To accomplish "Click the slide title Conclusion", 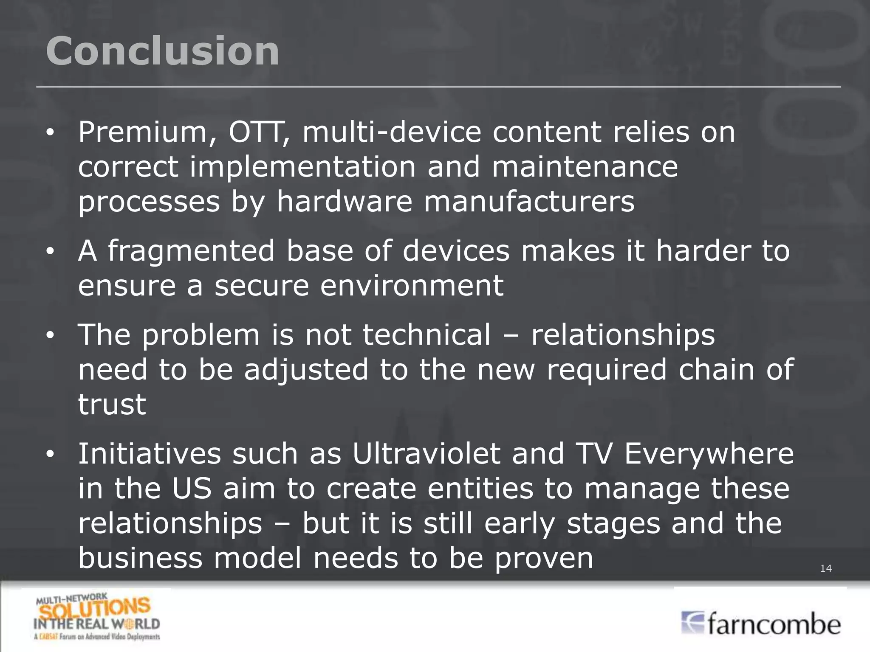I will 162,51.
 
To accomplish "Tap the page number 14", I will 825,568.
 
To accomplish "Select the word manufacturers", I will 529,202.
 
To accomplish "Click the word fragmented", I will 191,251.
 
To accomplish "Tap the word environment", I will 412,285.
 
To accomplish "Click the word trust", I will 112,404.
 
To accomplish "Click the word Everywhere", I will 709,454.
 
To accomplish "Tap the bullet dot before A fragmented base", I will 50,252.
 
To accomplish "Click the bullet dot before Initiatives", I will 50,455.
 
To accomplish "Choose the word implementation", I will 302,167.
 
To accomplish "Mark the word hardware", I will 345,202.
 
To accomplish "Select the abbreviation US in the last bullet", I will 192,489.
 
